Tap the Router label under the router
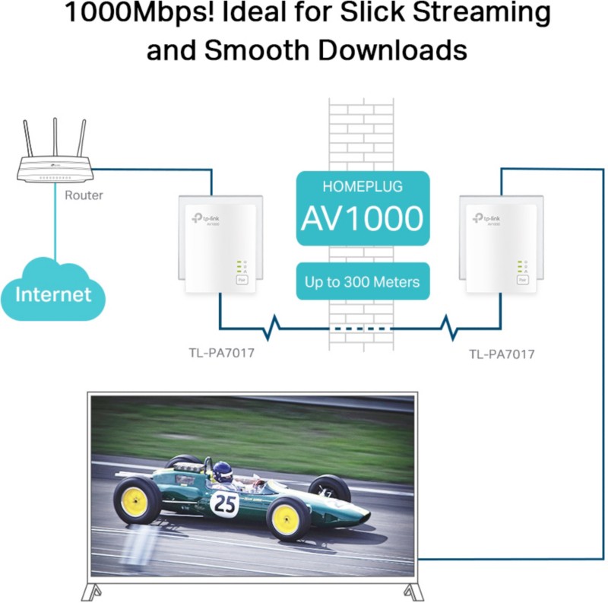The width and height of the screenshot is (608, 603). [84, 195]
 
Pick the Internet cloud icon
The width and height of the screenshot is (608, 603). [52, 292]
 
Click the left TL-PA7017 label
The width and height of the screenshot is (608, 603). [220, 353]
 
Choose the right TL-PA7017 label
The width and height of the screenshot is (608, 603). [502, 354]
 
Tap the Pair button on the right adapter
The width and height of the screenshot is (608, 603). [521, 281]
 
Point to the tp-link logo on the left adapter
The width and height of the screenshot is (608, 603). [204, 219]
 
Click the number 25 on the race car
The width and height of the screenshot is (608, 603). [225, 503]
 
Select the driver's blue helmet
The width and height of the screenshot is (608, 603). [221, 470]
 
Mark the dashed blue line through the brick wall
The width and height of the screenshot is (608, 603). [362, 329]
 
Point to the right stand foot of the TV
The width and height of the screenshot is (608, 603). [411, 592]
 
